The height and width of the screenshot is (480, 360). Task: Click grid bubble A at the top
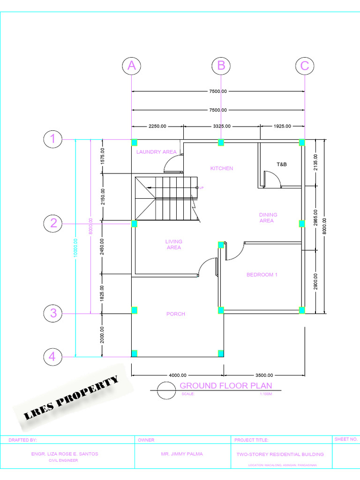point(132,66)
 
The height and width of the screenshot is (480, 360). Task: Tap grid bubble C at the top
point(305,66)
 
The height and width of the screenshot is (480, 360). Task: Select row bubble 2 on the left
point(53,223)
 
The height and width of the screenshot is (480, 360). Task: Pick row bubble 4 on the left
point(53,357)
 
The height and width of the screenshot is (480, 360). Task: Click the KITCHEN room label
point(221,168)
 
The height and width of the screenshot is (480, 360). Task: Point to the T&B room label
point(282,165)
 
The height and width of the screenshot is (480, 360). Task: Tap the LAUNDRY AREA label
point(156,152)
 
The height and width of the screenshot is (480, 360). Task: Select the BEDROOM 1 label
point(262,275)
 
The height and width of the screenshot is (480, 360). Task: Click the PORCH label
point(176,314)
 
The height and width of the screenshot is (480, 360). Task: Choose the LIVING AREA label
point(174,245)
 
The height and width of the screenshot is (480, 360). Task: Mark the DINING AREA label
point(268,217)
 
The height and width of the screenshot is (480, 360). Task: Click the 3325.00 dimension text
point(221,126)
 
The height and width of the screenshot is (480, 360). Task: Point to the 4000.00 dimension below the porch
point(177,375)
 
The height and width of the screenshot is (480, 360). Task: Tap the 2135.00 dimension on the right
point(316,163)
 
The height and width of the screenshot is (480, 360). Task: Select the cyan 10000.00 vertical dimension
point(76,247)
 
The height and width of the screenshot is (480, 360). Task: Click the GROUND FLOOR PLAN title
point(225,386)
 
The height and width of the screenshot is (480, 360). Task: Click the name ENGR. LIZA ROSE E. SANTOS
point(65,454)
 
